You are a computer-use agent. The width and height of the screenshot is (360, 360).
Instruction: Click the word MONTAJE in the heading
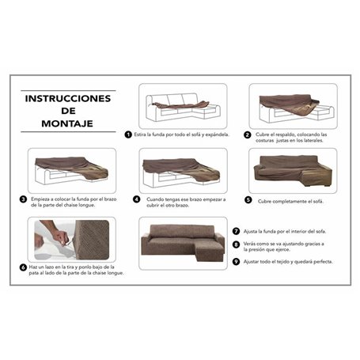[67, 124]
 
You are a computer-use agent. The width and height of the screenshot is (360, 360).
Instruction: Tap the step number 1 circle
[128, 135]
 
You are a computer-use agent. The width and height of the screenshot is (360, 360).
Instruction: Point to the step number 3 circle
[23, 199]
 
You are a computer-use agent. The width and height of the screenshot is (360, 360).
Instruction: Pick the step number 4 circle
[136, 199]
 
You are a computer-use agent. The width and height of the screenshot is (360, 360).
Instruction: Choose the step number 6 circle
[23, 267]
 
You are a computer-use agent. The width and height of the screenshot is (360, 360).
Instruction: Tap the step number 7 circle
[235, 230]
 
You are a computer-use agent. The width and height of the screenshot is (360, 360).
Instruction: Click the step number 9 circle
[235, 262]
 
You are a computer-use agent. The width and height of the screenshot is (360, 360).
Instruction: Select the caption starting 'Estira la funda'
[182, 135]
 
